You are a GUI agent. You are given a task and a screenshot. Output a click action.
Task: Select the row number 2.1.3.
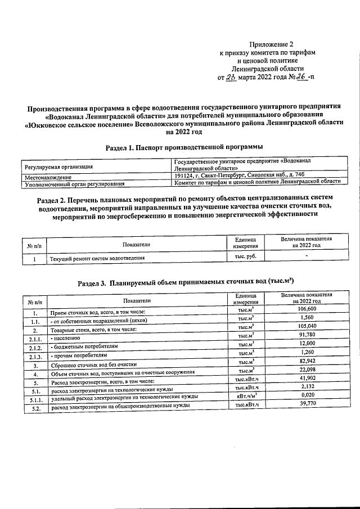(x=35, y=356)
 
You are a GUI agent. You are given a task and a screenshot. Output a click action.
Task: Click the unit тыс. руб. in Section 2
(x=245, y=256)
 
